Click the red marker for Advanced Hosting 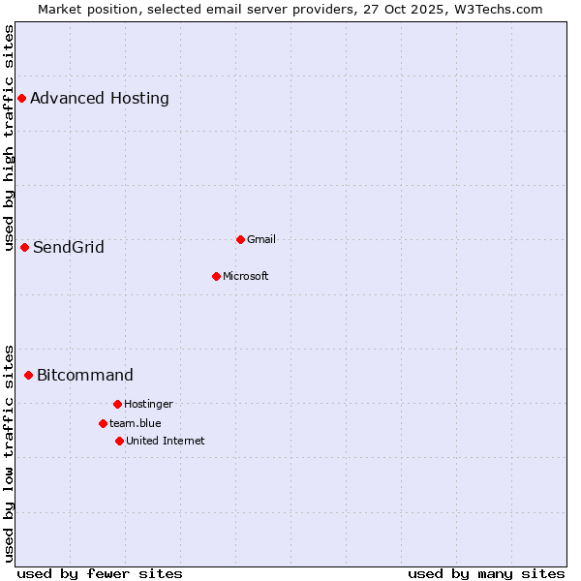point(21,98)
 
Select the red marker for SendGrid point(24,247)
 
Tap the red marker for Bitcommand point(28,375)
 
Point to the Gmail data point point(240,239)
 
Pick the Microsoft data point point(216,276)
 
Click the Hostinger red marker point(117,404)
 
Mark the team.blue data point point(103,423)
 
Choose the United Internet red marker point(119,441)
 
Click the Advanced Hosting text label point(100,98)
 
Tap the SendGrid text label point(69,247)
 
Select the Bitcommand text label point(85,375)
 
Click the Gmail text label point(261,239)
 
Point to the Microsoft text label point(246,276)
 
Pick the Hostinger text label point(148,404)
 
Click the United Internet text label point(166,441)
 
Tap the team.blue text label point(136,423)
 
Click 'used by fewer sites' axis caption point(100,573)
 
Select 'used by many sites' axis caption point(486,573)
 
